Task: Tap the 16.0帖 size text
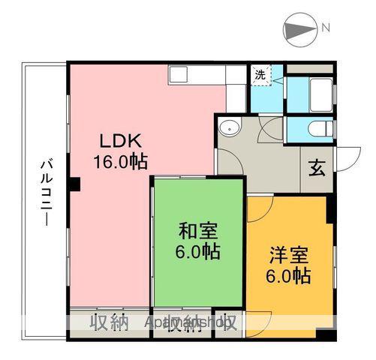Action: (x=120, y=160)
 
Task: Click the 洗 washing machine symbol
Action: (x=260, y=74)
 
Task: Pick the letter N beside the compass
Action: (x=325, y=28)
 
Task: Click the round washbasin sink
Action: (x=228, y=127)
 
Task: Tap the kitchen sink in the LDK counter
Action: (x=179, y=73)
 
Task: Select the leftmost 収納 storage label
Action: (x=109, y=322)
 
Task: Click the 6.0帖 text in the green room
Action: (x=199, y=253)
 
